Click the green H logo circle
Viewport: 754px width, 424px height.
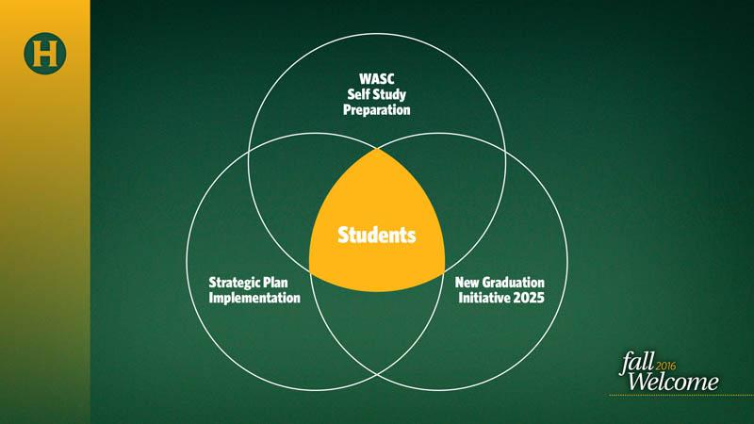(x=44, y=54)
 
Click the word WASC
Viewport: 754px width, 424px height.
(x=376, y=78)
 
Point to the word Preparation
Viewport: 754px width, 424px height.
(x=376, y=110)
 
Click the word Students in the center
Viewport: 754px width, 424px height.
(x=376, y=235)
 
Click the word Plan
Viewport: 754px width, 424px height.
(x=275, y=282)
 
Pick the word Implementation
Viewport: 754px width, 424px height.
(x=254, y=298)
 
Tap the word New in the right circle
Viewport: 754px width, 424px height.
(x=467, y=282)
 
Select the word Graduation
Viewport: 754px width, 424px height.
(x=513, y=282)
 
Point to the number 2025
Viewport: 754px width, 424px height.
(x=529, y=298)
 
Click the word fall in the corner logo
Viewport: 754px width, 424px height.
(x=637, y=363)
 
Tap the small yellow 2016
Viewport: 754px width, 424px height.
(x=665, y=366)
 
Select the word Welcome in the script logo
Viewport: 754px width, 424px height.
(x=673, y=382)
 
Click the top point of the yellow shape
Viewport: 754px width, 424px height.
(x=377, y=149)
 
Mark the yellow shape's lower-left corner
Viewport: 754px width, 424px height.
(x=310, y=273)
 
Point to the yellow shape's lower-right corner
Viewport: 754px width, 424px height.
(x=444, y=273)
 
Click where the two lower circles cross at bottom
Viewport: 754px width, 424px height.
(x=377, y=374)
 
